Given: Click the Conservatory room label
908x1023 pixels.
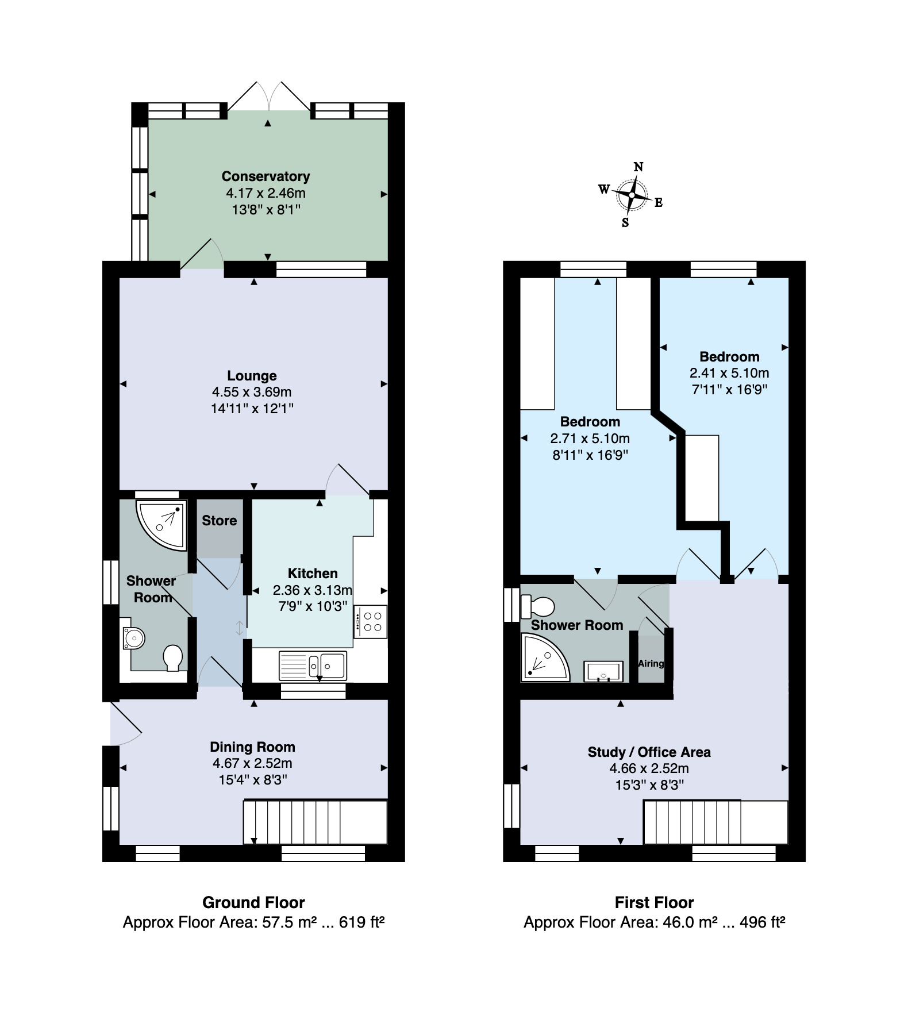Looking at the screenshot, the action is tap(266, 176).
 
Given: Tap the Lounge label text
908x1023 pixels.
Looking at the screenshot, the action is tap(252, 376).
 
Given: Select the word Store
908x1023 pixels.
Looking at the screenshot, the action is tap(219, 521).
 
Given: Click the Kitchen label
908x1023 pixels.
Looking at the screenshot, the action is tap(313, 574).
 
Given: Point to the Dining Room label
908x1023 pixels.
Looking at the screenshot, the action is tap(252, 747).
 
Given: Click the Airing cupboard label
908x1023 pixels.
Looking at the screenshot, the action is tap(651, 663).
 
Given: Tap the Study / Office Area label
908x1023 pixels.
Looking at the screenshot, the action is tap(649, 752).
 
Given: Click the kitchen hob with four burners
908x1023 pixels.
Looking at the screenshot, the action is tap(371, 621).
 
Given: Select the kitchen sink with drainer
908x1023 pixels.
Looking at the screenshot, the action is tap(313, 666).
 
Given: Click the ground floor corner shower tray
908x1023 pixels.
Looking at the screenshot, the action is tap(161, 524).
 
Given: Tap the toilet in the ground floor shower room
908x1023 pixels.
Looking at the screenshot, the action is tap(172, 657).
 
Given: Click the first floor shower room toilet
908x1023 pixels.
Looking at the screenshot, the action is tap(538, 606).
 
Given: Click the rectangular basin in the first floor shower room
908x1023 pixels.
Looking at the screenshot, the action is tap(603, 671).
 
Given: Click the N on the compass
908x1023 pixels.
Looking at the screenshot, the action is tap(638, 167).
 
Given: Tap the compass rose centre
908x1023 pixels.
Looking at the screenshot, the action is tap(632, 195).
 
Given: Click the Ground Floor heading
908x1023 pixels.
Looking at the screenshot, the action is tap(253, 902).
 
